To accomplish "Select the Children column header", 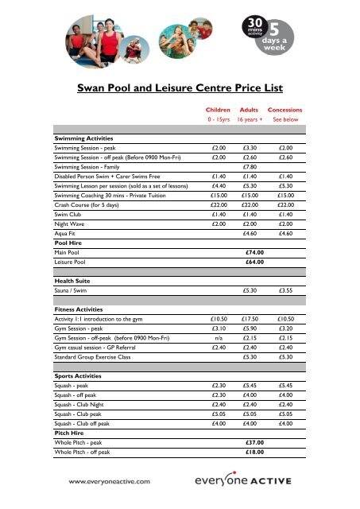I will pos(218,111).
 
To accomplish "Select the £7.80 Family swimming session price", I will pos(249,167).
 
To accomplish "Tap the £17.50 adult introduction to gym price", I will pos(249,317).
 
